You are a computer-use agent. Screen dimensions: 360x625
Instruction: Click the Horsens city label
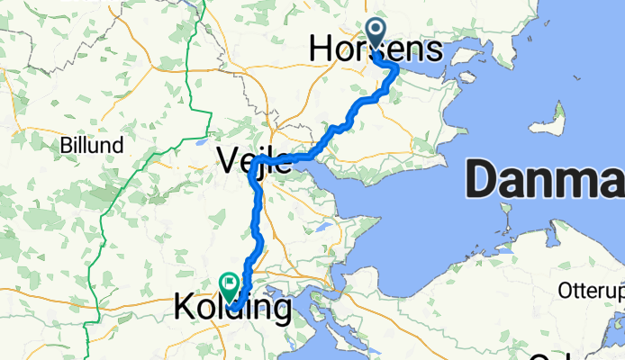coord(375,50)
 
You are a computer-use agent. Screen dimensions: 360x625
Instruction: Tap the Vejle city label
coord(254,160)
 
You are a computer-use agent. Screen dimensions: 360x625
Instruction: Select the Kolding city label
coord(232,310)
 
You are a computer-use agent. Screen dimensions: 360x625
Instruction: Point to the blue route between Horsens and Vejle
coord(347,121)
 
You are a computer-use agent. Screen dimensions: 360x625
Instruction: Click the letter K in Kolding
coord(181,310)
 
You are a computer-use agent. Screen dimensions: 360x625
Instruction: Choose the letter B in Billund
coord(64,145)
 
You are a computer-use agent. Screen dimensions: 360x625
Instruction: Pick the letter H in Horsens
coord(321,50)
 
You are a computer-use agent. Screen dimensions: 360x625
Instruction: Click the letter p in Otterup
coord(617,293)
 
